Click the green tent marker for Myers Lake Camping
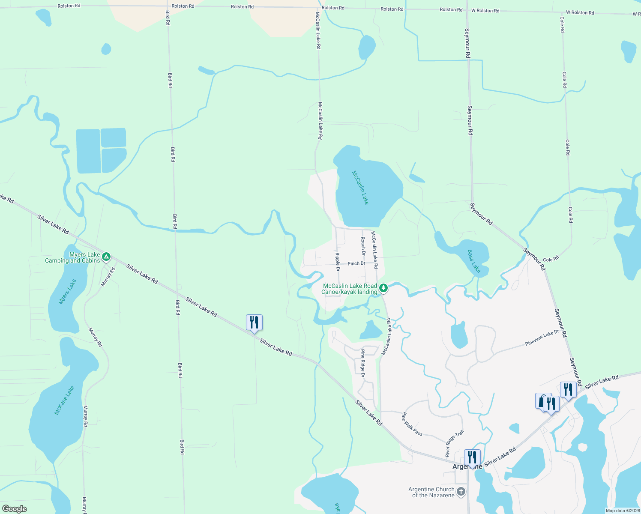(106, 257)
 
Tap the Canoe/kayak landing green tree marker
(384, 288)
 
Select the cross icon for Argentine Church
(461, 492)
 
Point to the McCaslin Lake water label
(360, 188)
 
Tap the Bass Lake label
(474, 261)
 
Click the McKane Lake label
(64, 400)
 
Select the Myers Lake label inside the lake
(67, 292)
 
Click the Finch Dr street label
(356, 263)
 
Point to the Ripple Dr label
(338, 262)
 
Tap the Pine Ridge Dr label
(362, 363)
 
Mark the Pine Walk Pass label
(412, 424)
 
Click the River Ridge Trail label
(454, 443)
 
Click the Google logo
(15, 509)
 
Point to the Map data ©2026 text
(622, 511)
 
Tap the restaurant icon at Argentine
(472, 457)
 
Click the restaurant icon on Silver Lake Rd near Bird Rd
(254, 323)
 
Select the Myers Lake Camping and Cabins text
(72, 257)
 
